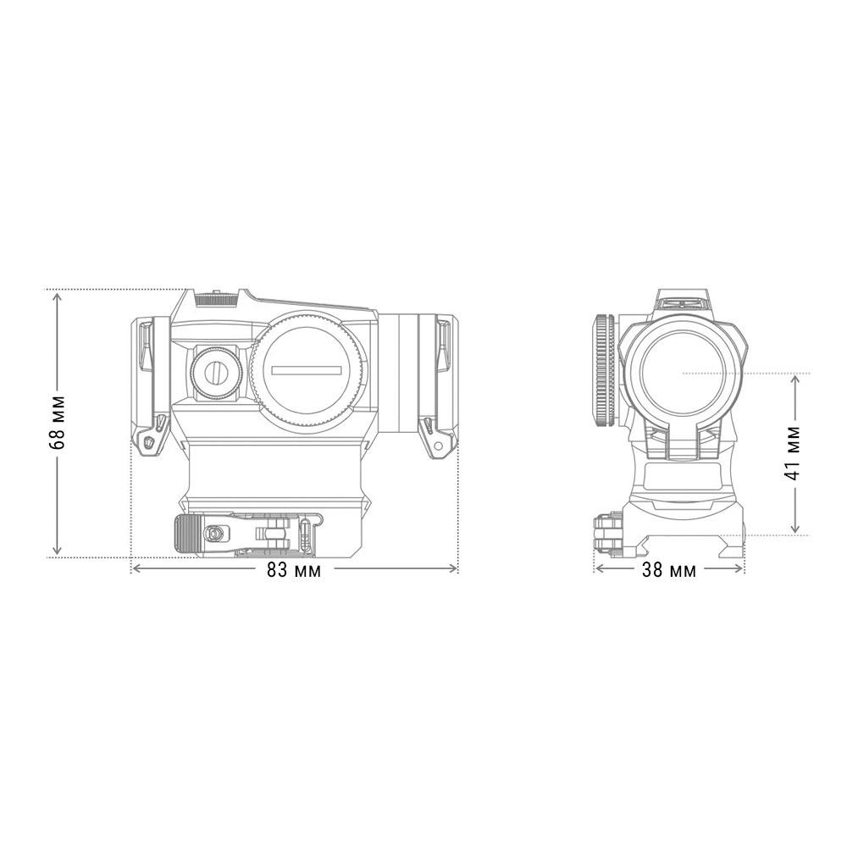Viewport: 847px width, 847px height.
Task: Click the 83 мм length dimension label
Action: click(294, 570)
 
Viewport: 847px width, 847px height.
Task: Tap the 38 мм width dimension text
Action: click(669, 570)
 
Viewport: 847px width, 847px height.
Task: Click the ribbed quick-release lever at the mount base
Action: click(187, 534)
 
